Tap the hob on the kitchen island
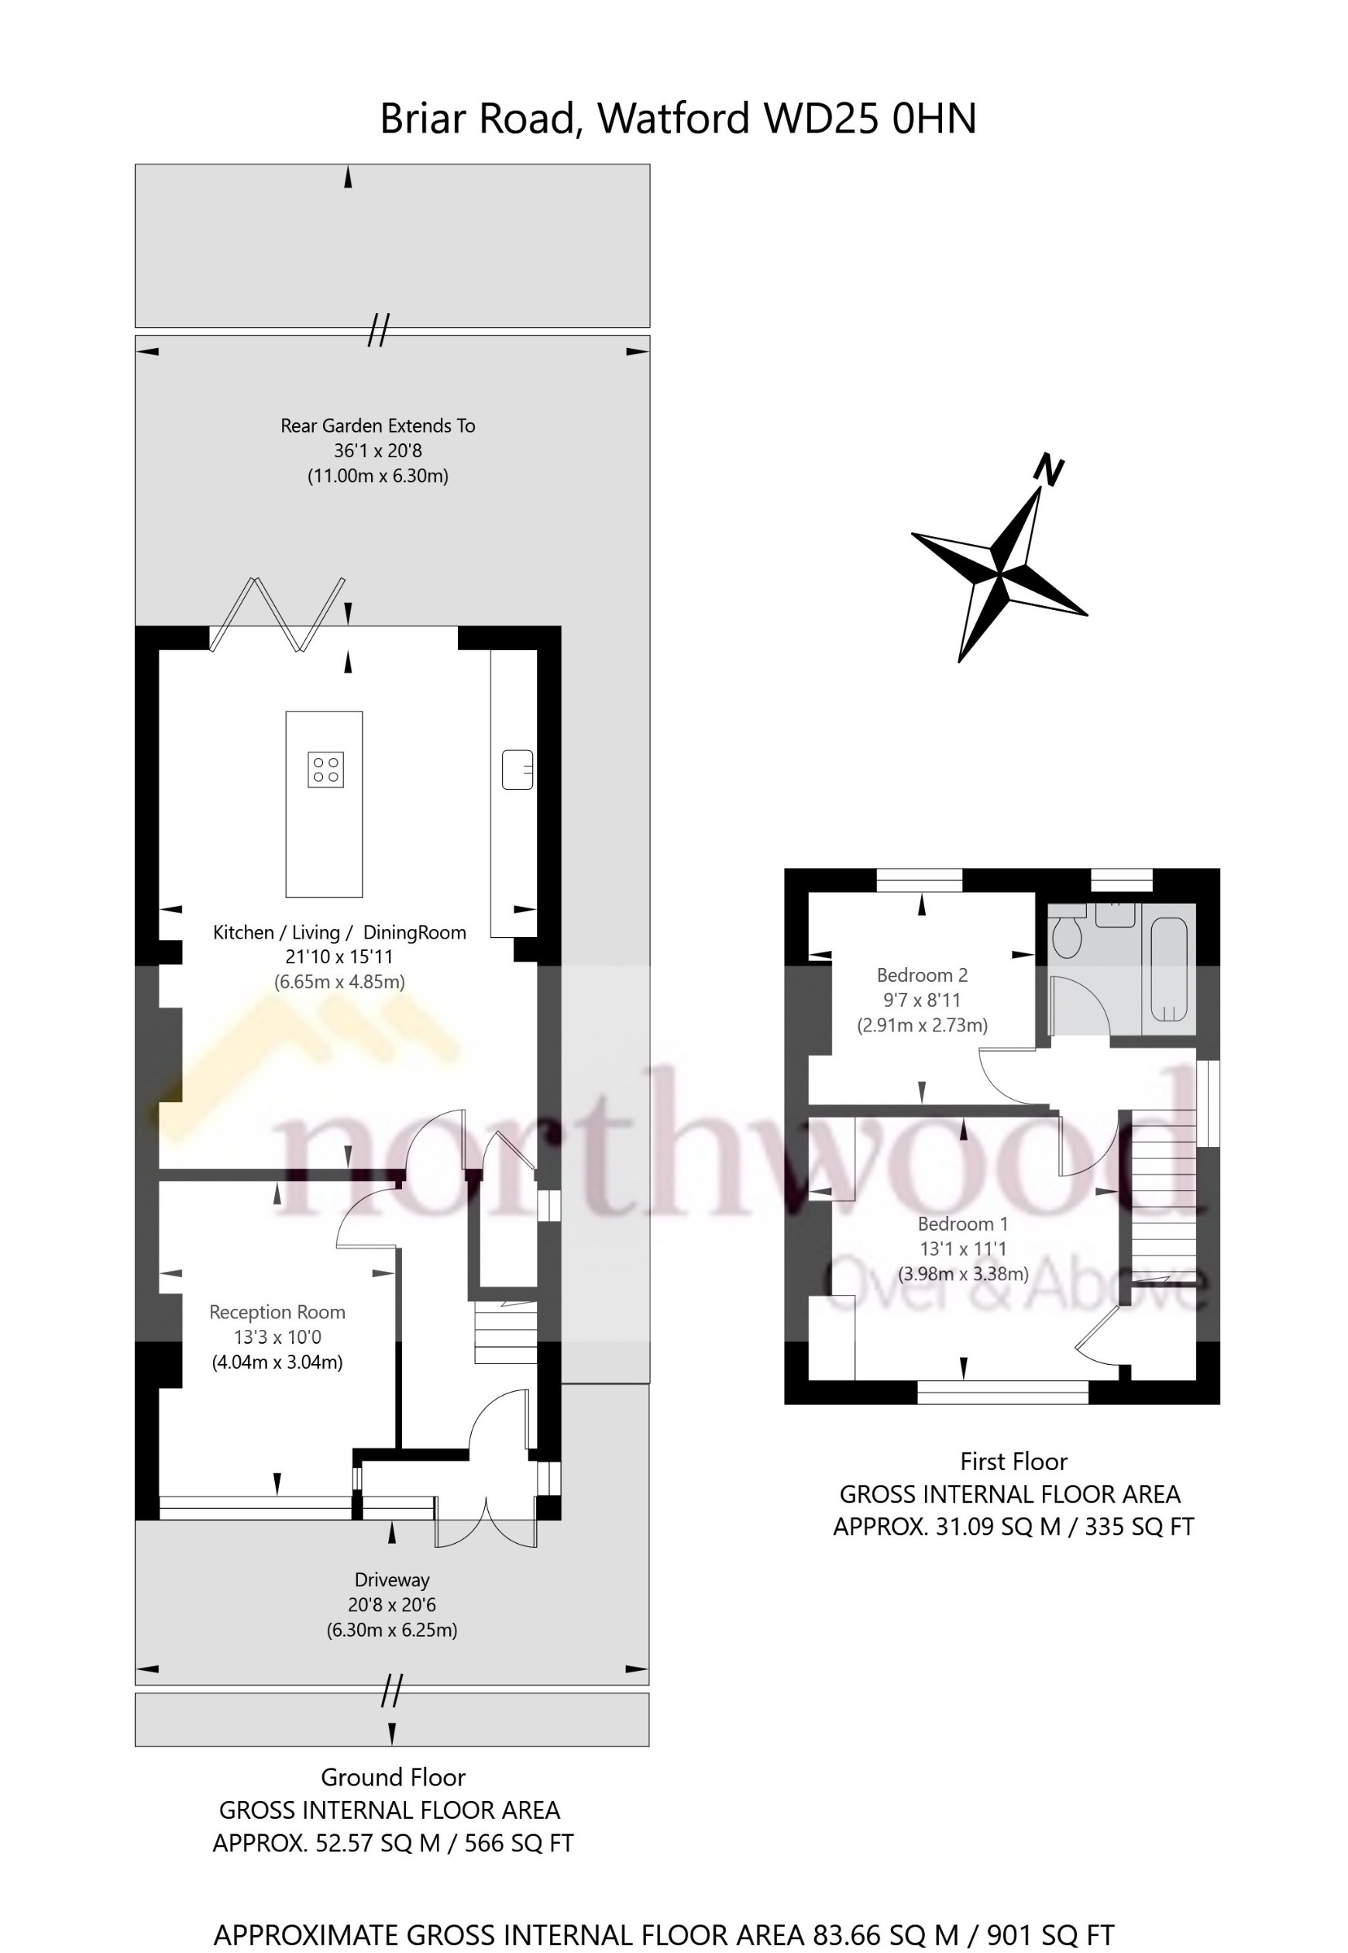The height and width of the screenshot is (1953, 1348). pyautogui.click(x=325, y=769)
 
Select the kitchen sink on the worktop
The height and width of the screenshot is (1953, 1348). pyautogui.click(x=517, y=769)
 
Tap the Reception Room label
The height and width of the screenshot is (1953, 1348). pyautogui.click(x=277, y=1312)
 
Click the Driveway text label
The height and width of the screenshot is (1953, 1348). pyautogui.click(x=392, y=1579)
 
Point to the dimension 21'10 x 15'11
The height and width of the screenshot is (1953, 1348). pyautogui.click(x=339, y=957)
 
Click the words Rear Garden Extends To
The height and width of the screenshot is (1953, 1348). pyautogui.click(x=377, y=425)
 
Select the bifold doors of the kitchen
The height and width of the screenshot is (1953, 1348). pyautogui.click(x=278, y=615)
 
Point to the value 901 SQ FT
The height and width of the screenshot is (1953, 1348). pyautogui.click(x=1050, y=1911)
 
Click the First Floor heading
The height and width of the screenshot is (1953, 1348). pyautogui.click(x=1013, y=1462)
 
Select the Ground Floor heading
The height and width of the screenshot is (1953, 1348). pyautogui.click(x=393, y=1777)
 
